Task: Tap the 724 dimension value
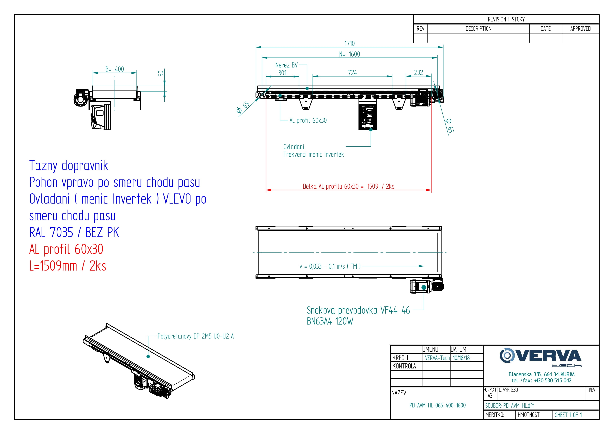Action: point(352,73)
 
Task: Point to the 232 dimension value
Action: point(418,73)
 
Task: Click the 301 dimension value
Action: point(282,73)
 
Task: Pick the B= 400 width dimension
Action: point(114,69)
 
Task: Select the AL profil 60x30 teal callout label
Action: point(308,121)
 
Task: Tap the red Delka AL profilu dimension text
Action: point(348,186)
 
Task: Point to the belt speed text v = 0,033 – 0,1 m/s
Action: point(330,266)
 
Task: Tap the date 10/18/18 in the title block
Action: point(461,358)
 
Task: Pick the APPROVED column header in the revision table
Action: point(580,29)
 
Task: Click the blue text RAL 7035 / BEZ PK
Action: point(74,232)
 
